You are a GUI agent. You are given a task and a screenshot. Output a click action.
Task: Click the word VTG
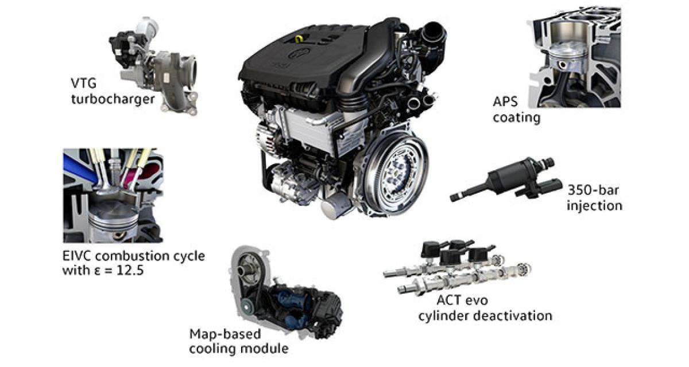(x=83, y=83)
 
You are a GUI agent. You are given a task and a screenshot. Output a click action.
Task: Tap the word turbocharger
(x=113, y=99)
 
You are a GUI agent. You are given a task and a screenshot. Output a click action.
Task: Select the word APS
(x=505, y=101)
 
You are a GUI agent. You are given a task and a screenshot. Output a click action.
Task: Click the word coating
(x=516, y=118)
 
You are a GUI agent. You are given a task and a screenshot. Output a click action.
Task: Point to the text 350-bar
(x=593, y=190)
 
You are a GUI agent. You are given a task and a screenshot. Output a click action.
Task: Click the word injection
(x=594, y=205)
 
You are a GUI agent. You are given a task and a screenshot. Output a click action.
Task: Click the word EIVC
(x=79, y=256)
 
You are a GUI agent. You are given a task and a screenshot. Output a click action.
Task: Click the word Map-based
(x=225, y=334)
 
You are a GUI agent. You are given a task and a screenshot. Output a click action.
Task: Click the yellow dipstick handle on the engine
(x=299, y=38)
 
